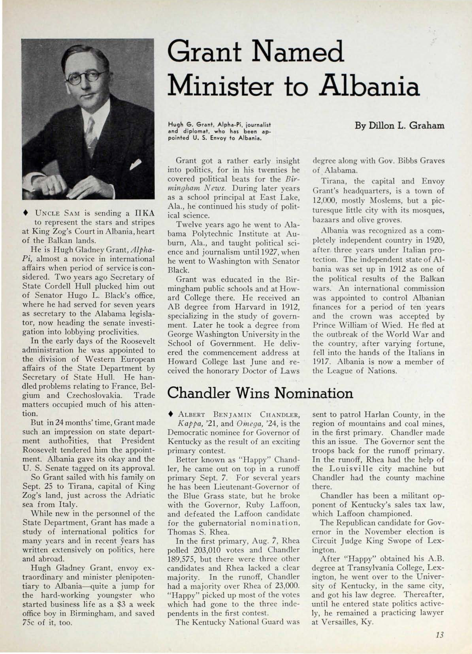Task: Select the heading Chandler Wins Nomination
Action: coord(260,393)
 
